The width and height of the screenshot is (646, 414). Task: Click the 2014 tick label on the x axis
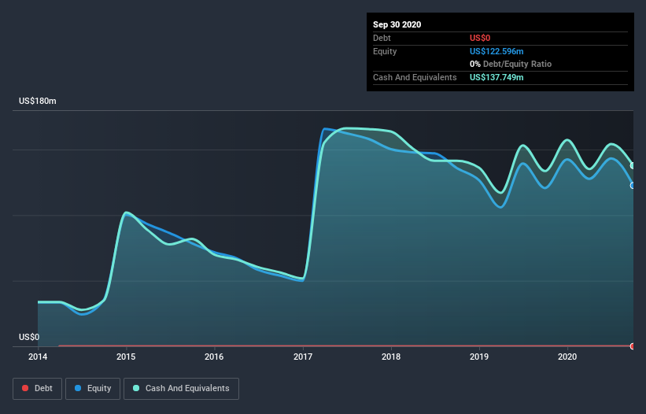(38, 357)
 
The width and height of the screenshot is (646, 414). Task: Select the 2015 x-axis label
(126, 357)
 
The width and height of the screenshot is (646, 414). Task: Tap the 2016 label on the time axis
(214, 357)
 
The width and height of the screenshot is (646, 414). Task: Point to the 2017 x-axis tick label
(303, 357)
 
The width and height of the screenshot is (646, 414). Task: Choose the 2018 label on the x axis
(391, 357)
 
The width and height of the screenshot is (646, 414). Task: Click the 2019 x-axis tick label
(479, 357)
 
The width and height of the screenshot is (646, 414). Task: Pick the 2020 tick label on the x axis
(567, 357)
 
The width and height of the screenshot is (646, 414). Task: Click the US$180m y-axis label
(38, 102)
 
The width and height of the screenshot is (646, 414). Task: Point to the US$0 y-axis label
(29, 337)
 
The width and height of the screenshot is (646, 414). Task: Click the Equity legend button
(93, 388)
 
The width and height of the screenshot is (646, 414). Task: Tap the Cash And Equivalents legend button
(181, 388)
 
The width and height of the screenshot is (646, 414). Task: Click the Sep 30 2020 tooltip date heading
(397, 24)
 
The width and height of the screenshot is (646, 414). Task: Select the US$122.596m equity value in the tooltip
(496, 51)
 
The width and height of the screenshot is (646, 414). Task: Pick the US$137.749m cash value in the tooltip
(496, 77)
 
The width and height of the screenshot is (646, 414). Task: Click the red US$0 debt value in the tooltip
(481, 38)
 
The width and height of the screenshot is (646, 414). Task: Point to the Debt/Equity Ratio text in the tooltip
(516, 64)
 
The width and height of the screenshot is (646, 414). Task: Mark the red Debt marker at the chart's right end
(633, 346)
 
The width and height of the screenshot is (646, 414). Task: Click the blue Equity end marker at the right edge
(633, 186)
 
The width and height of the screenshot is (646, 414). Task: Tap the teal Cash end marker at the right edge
(633, 165)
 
